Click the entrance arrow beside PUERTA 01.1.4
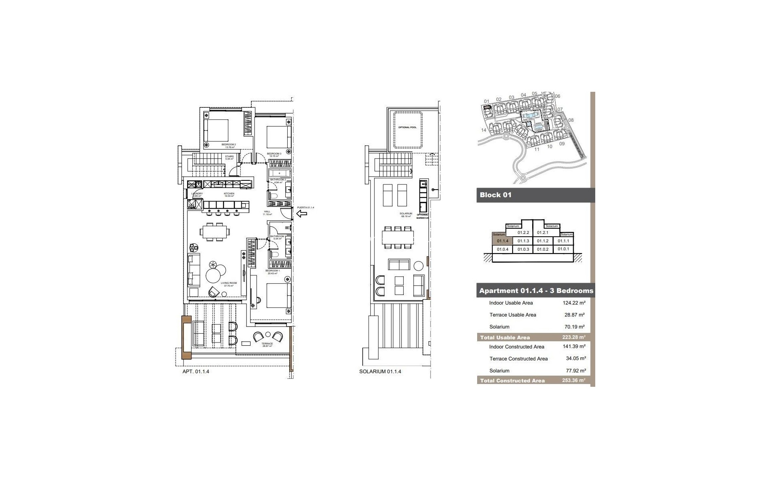(x=302, y=214)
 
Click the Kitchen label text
(x=229, y=194)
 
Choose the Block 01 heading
(x=496, y=195)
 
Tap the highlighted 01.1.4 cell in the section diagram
(x=502, y=241)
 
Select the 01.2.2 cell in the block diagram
(x=523, y=233)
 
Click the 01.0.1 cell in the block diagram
(x=563, y=249)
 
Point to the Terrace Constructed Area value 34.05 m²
(x=575, y=358)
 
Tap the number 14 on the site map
(x=484, y=130)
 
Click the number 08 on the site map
(x=571, y=120)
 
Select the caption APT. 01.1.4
(x=195, y=372)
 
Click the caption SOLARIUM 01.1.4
(x=380, y=372)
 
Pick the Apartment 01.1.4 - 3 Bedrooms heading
(x=536, y=291)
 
